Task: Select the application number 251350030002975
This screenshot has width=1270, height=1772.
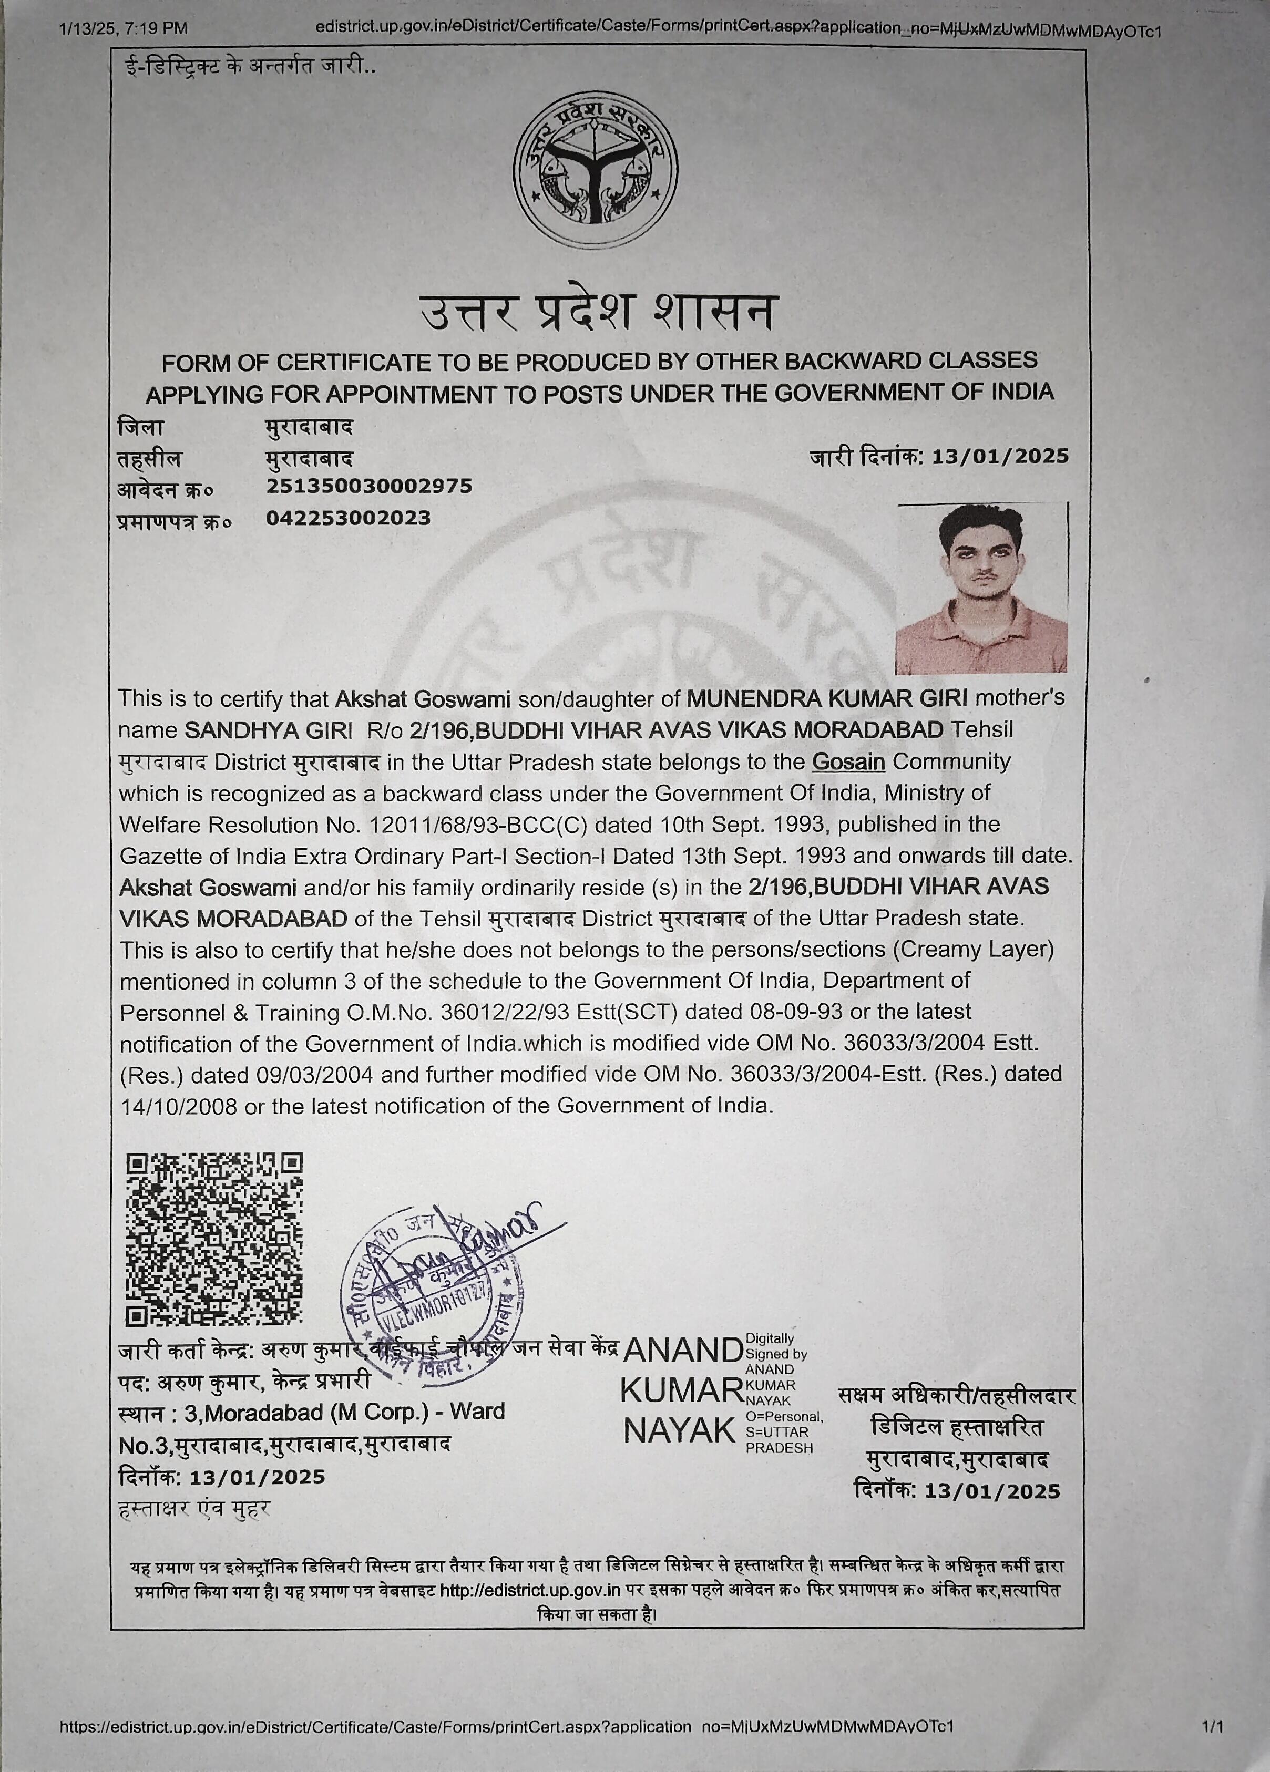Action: (x=369, y=486)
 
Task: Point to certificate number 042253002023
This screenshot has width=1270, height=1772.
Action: (x=348, y=518)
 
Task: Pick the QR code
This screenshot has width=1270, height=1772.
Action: (x=214, y=1240)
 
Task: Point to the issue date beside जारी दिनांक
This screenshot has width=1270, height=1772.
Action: (x=1000, y=456)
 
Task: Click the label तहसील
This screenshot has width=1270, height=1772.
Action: (x=148, y=459)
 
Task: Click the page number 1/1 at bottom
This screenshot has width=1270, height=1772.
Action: (x=1214, y=1726)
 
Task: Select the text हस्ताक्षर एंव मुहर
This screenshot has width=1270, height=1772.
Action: (x=194, y=1509)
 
